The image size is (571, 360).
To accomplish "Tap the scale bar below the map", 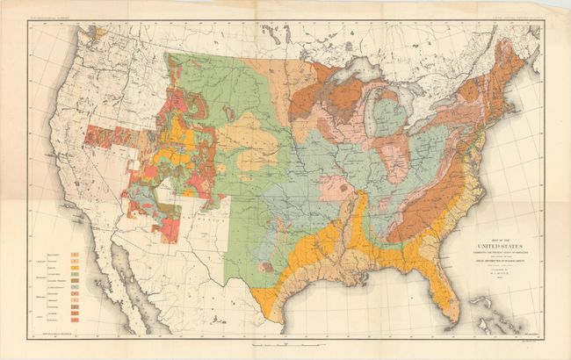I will click(291, 340).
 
